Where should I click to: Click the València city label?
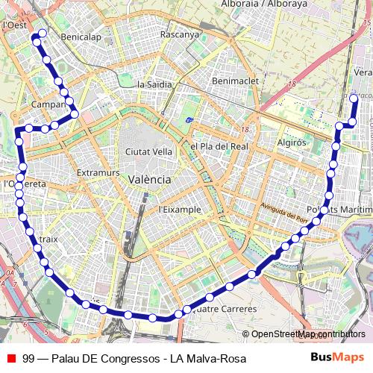(149, 180)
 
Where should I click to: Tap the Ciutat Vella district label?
(149, 151)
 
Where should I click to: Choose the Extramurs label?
(98, 172)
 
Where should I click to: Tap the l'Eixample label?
(180, 210)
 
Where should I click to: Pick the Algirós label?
(293, 142)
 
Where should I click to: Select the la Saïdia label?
(154, 84)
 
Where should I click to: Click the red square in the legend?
(10, 358)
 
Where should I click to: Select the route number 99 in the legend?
(28, 358)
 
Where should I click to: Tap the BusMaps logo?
(337, 357)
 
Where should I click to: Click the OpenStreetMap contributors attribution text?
(308, 334)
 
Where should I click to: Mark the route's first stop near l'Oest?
(42, 34)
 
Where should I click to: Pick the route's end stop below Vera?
(354, 97)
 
